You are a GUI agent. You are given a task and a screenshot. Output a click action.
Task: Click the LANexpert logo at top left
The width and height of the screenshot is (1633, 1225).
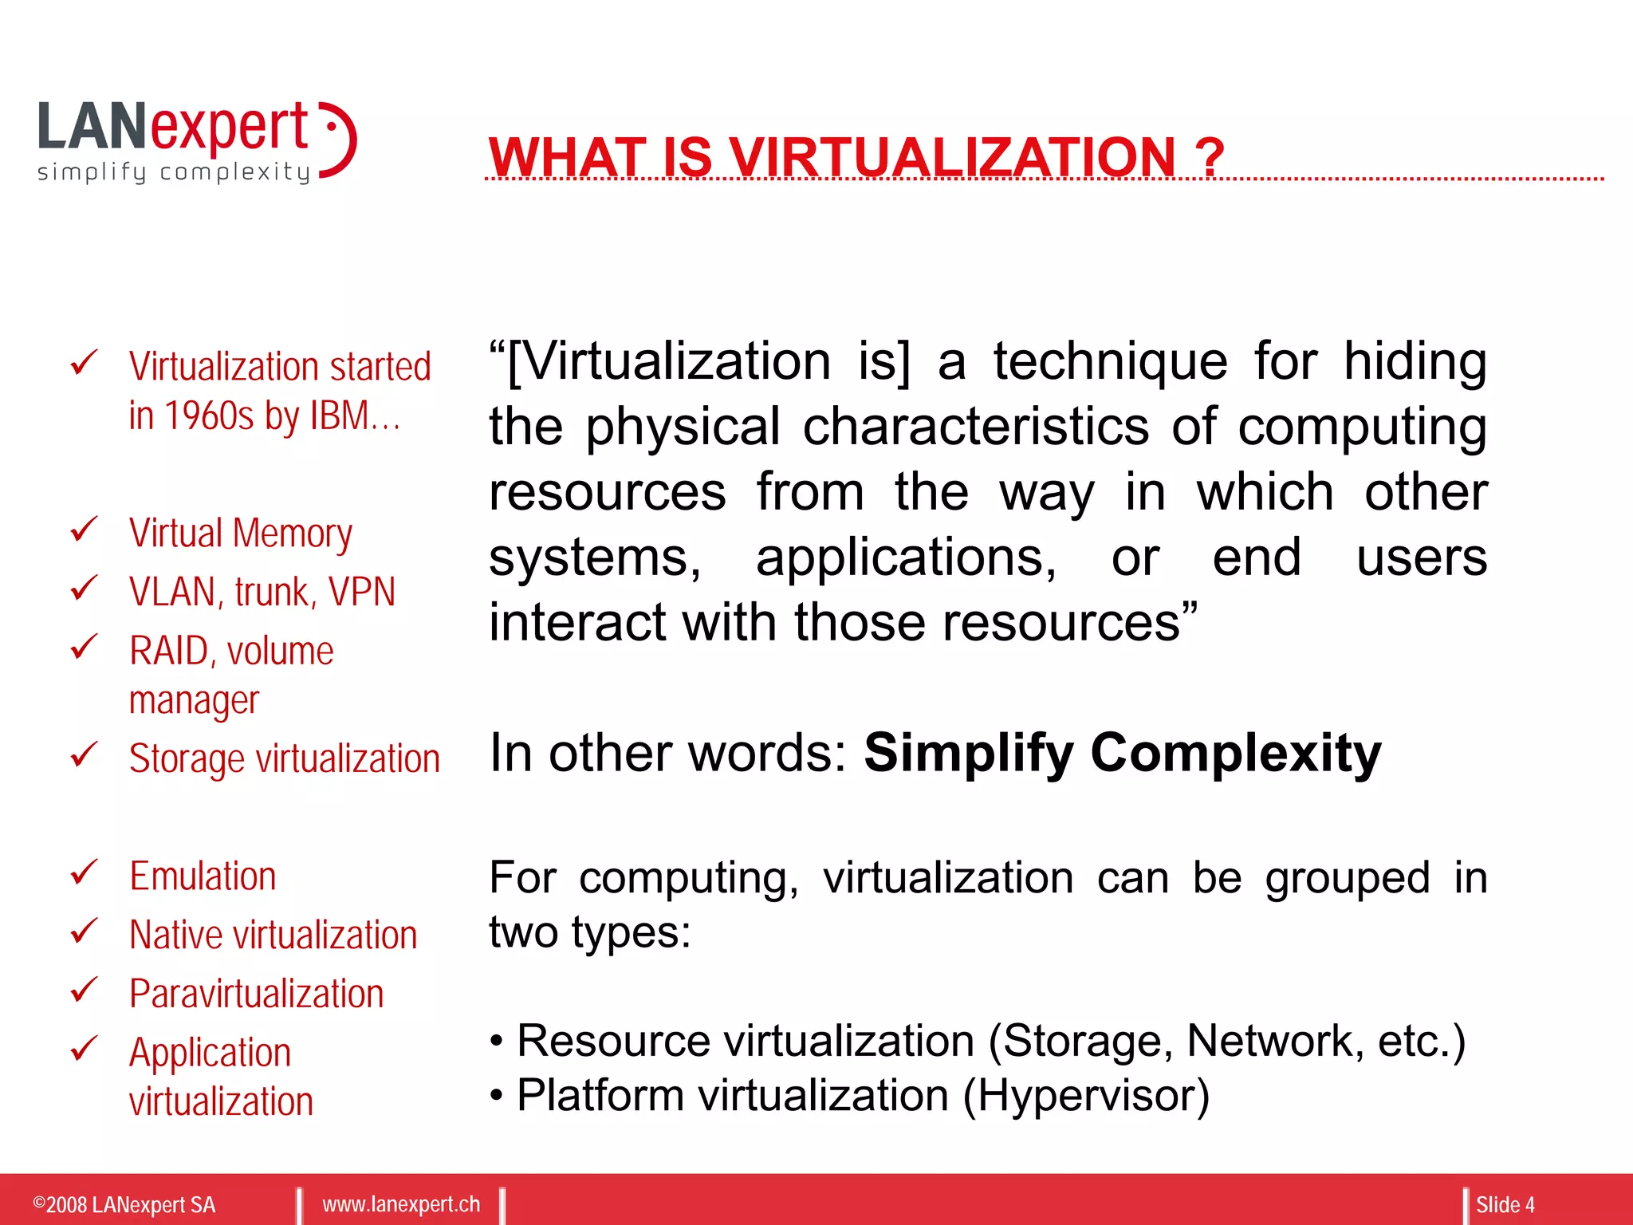196,141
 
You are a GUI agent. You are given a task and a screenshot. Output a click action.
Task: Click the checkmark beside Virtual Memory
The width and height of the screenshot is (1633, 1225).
84,530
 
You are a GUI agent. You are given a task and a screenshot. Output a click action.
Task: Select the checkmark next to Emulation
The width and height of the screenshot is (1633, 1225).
84,872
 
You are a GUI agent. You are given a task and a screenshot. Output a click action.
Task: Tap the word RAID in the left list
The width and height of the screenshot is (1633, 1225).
168,651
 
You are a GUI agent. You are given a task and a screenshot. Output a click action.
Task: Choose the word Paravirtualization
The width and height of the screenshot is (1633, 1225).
256,994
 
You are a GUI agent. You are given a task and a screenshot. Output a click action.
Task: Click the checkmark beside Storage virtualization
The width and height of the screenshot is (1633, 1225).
84,754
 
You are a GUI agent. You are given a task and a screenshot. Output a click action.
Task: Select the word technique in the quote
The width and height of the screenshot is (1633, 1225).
1110,361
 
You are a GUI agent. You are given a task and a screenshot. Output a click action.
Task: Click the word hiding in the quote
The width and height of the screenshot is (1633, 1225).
1415,361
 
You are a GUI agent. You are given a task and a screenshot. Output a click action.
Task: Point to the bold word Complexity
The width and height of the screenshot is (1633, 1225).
1236,752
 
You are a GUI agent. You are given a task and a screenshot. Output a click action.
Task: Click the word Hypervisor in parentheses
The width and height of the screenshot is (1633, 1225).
1086,1095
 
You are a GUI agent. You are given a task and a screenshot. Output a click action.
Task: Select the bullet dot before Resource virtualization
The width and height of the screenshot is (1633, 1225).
497,1042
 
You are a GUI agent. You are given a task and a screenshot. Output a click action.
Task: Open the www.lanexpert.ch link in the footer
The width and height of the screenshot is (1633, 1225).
401,1204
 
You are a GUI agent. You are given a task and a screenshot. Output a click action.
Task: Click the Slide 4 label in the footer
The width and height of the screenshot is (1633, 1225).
1505,1204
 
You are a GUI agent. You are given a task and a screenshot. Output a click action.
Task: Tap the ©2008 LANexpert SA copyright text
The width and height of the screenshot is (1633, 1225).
124,1204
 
